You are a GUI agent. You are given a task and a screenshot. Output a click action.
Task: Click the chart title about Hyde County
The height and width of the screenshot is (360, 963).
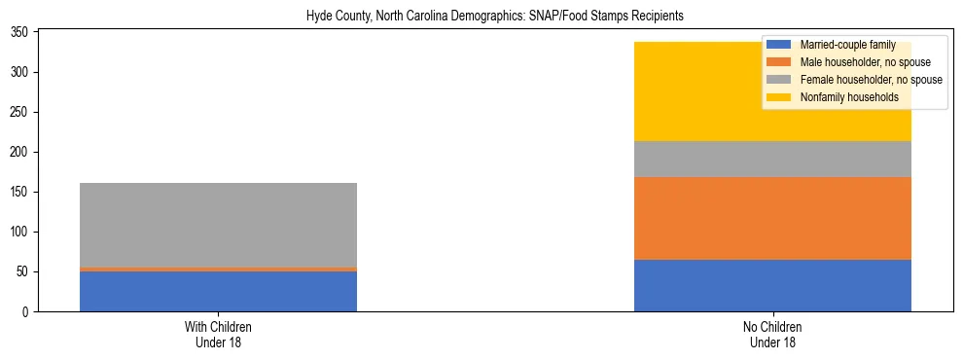point(481,17)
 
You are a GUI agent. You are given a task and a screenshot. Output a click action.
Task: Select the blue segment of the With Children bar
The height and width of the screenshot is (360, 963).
point(218,291)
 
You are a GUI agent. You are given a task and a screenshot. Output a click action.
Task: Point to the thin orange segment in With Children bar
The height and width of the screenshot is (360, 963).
point(218,269)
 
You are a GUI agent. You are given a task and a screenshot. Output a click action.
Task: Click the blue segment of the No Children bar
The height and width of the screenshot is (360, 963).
point(772,285)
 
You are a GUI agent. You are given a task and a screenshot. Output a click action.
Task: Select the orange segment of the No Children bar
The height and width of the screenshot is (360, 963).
point(772,218)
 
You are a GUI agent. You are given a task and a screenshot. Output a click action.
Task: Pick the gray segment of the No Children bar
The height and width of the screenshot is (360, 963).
point(772,159)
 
